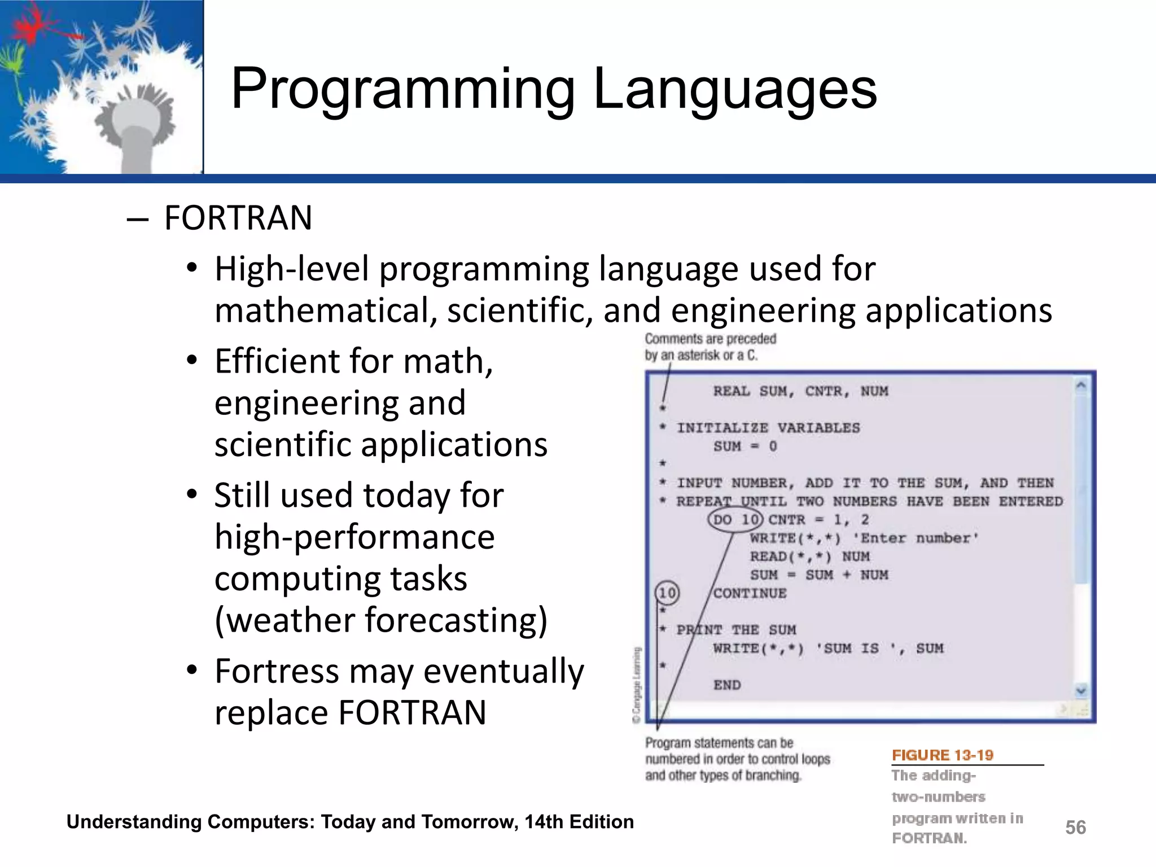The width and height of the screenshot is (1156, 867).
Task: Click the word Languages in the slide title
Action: [x=735, y=89]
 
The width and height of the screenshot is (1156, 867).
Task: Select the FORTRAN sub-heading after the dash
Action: [x=238, y=218]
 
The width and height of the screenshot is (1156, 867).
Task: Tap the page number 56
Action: [x=1075, y=827]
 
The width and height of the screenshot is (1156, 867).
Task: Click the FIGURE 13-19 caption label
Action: [x=942, y=755]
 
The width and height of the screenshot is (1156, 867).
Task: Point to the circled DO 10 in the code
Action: [x=735, y=519]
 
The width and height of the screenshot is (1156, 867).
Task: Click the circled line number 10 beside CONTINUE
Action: [x=667, y=593]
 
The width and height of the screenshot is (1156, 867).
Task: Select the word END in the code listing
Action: [x=727, y=685]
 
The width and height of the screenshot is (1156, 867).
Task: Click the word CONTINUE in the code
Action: [x=750, y=593]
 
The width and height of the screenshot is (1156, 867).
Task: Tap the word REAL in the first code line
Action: [x=732, y=391]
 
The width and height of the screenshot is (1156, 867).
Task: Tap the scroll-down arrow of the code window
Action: [x=1081, y=690]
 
